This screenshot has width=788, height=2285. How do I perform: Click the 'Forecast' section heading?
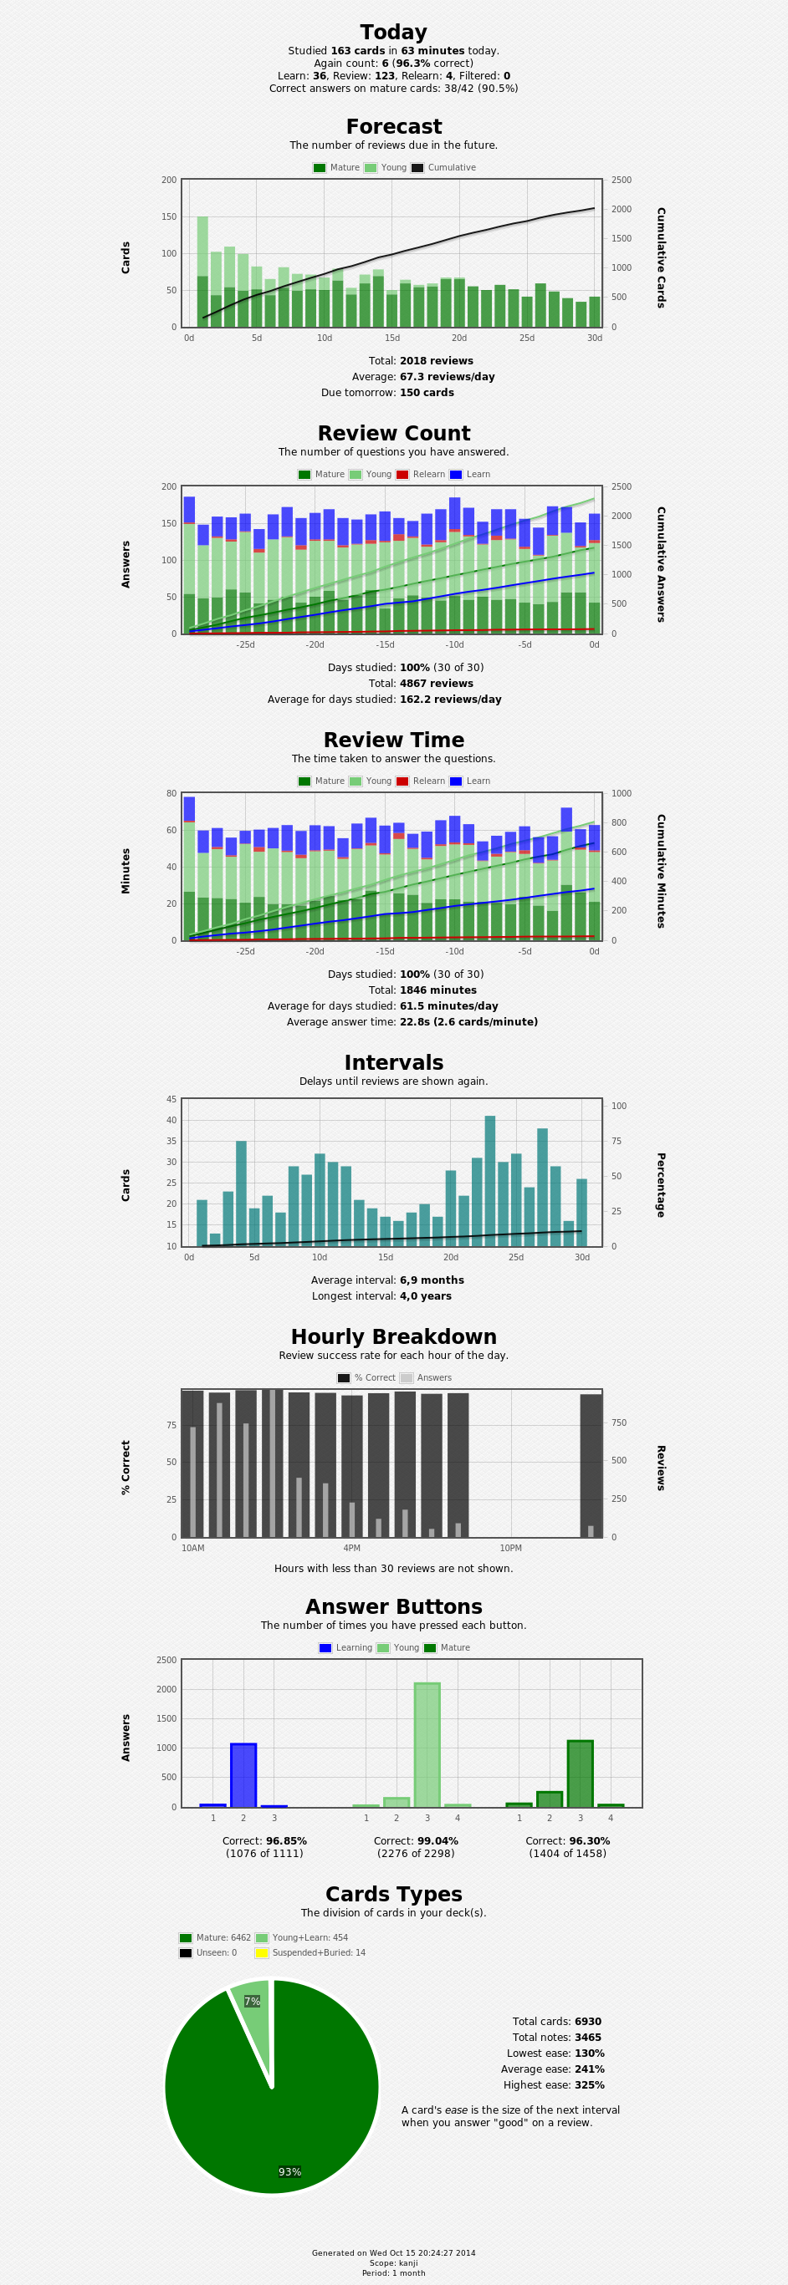pyautogui.click(x=393, y=127)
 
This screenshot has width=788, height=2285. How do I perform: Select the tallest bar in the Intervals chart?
pyautogui.click(x=490, y=1181)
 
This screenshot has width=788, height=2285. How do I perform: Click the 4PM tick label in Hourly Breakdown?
pyautogui.click(x=351, y=1548)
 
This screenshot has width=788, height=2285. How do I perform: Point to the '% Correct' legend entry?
pyautogui.click(x=366, y=1377)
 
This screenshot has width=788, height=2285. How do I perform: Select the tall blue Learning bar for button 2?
pyautogui.click(x=243, y=1775)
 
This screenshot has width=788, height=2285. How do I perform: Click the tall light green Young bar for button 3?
pyautogui.click(x=427, y=1745)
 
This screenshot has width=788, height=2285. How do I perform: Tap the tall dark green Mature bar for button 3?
pyautogui.click(x=581, y=1774)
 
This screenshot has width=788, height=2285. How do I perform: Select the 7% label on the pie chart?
pyautogui.click(x=252, y=2001)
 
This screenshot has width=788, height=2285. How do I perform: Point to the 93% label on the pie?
pyautogui.click(x=290, y=2171)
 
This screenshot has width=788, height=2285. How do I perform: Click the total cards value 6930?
pyautogui.click(x=587, y=2022)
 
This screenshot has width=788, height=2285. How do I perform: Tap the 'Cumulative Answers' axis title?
pyautogui.click(x=661, y=564)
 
